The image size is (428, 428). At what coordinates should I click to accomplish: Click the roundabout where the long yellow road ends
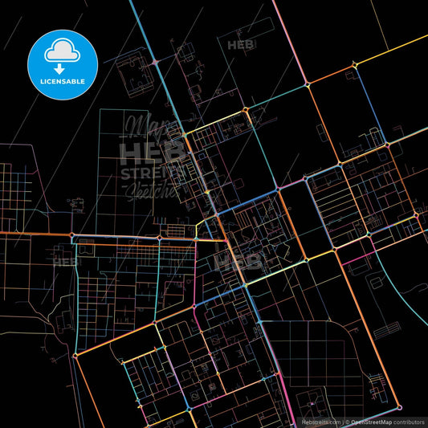308,84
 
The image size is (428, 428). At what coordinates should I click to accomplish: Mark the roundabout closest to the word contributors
395,404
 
